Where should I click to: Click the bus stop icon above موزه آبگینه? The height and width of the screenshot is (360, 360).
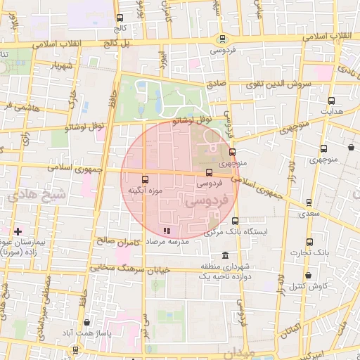146,179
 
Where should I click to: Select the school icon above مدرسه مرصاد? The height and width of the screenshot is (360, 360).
167,230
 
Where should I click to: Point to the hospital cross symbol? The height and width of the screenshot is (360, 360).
18,231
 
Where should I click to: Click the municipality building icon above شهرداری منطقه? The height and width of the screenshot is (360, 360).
224,255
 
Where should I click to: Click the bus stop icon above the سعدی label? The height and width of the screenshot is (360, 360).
309,202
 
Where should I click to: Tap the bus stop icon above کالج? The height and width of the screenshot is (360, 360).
120,18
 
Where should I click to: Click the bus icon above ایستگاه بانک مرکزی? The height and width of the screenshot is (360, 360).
235,220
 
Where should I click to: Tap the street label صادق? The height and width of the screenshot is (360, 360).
215,84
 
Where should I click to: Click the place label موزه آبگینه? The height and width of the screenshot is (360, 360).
146,191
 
